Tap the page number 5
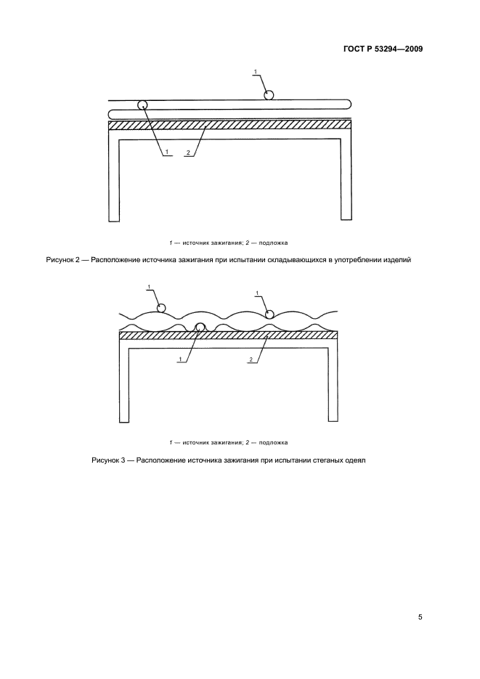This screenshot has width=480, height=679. point(420,617)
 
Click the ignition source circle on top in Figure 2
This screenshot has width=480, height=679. point(269,94)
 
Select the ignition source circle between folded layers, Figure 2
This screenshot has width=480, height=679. point(143,105)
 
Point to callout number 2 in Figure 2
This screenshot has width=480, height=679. point(188,153)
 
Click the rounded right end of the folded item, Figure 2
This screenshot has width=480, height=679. point(347,103)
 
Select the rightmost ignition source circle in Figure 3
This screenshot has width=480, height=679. point(269,314)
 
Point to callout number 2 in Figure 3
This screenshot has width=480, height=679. point(251,359)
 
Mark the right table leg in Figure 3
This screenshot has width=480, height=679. point(333,385)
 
